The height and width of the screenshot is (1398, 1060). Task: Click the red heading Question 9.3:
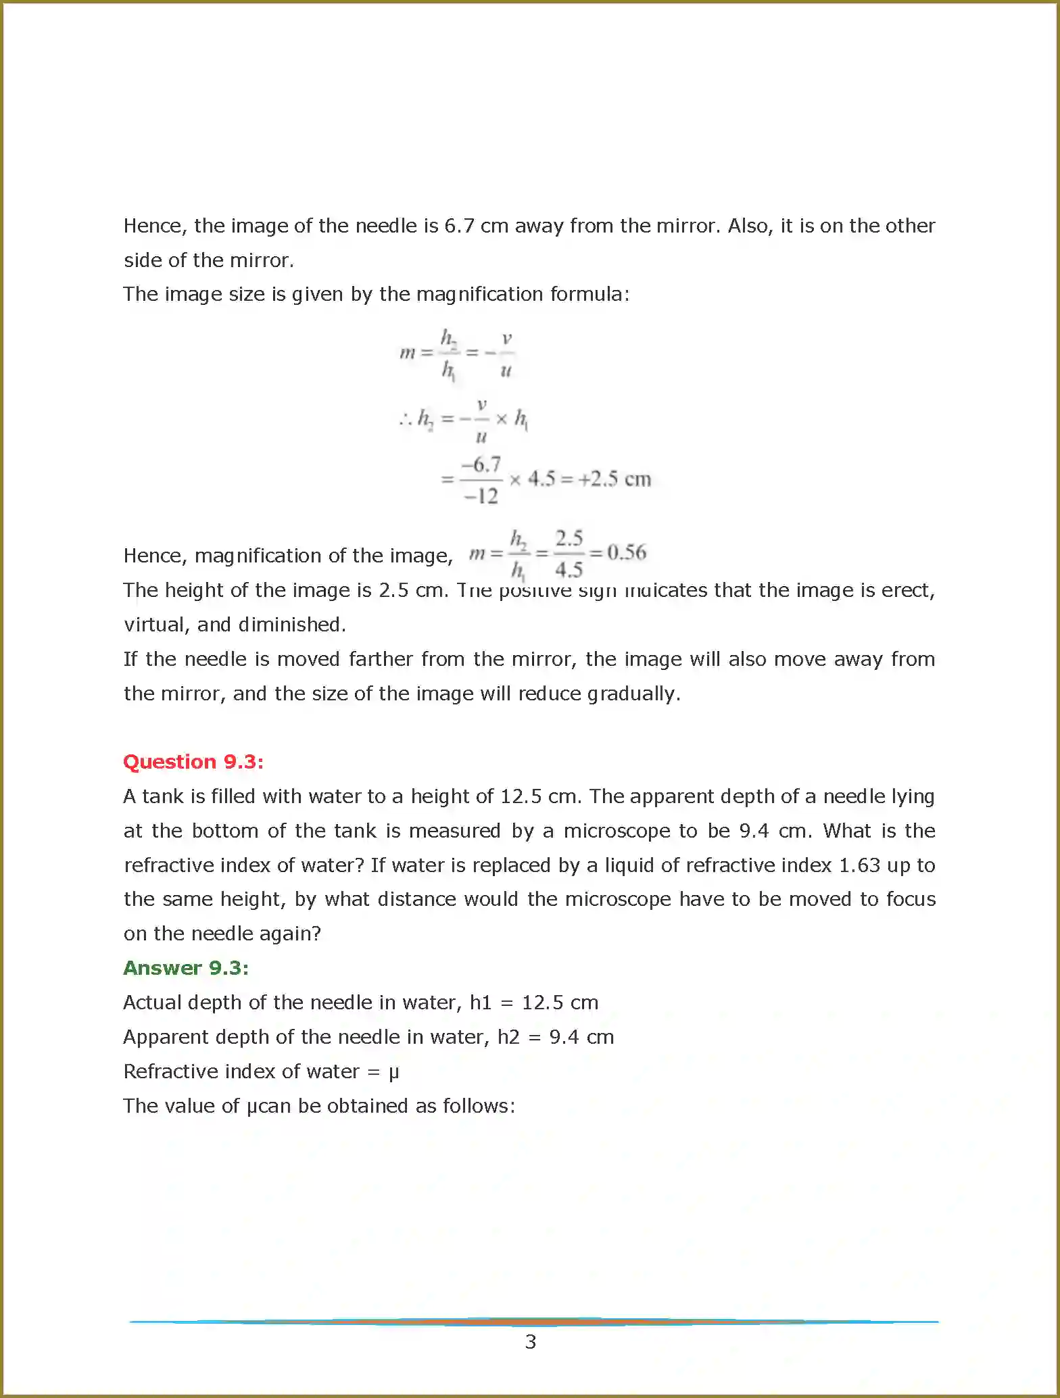tap(193, 762)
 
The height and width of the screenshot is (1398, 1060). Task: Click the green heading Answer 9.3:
tap(186, 968)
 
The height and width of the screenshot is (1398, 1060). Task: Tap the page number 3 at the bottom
tap(531, 1342)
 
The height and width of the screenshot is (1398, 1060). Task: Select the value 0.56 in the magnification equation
tap(627, 553)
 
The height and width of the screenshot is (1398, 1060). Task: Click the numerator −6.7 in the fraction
tap(481, 464)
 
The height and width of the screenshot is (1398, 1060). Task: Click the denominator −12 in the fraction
tap(481, 497)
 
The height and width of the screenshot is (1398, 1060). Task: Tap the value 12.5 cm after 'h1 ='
tap(560, 1003)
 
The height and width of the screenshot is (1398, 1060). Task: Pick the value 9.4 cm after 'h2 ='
tap(581, 1037)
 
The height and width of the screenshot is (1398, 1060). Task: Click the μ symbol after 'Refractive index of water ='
tap(393, 1072)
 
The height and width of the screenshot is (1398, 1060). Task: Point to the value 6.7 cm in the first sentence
tap(476, 226)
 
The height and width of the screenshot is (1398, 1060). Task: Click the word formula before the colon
tap(587, 294)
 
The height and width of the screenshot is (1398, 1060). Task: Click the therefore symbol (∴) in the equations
tap(406, 419)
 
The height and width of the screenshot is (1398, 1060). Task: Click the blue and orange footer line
tap(533, 1321)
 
